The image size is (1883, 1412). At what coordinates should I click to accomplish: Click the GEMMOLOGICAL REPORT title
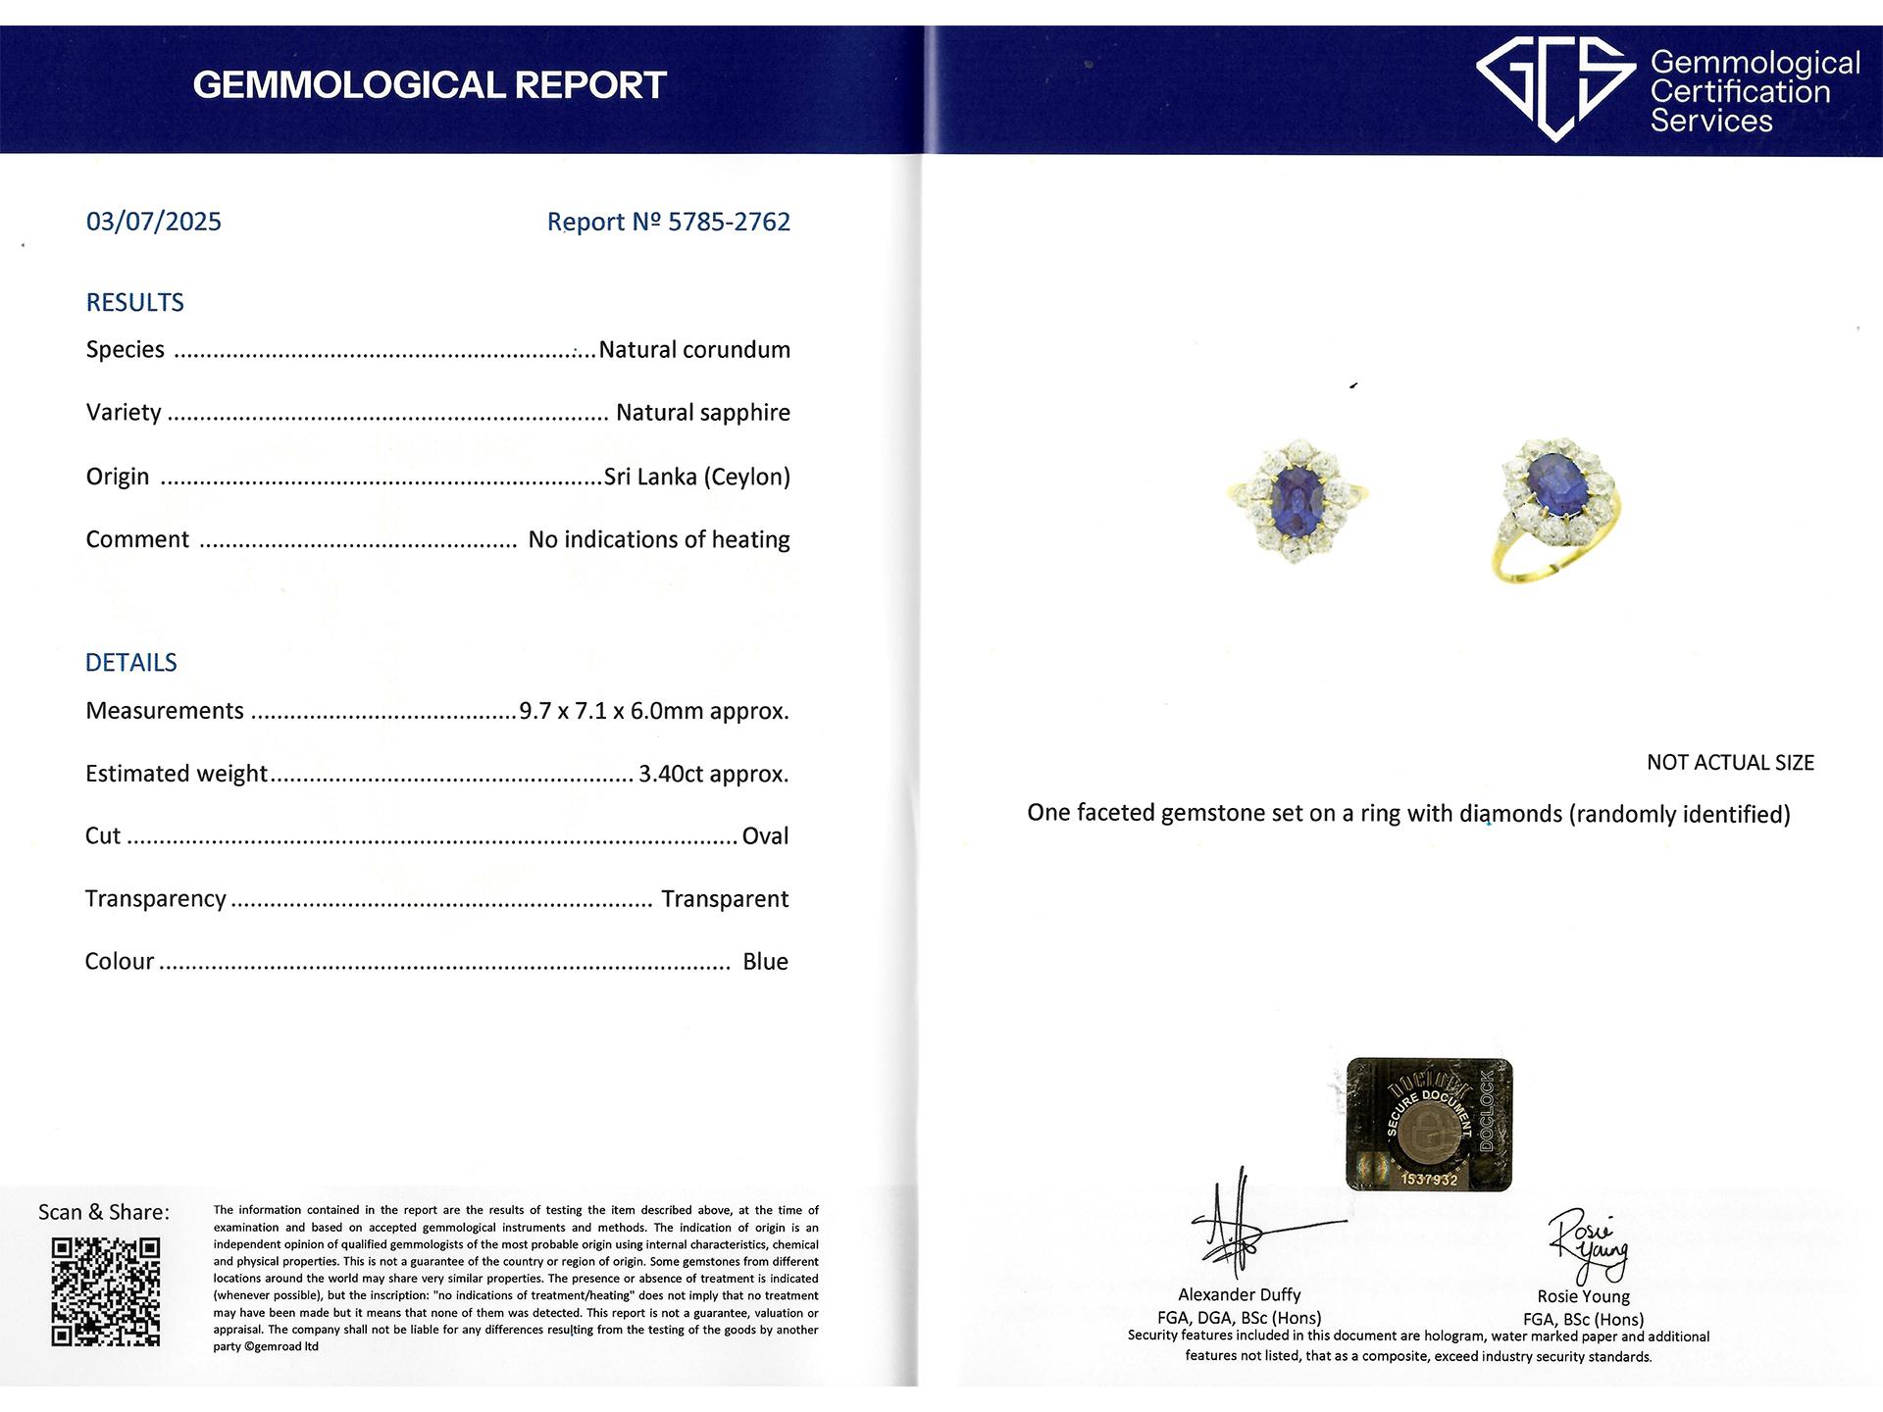(430, 85)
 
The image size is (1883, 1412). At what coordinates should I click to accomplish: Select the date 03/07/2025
(154, 222)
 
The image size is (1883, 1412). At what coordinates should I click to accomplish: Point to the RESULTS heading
(135, 302)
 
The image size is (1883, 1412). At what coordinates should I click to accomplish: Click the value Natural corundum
(694, 350)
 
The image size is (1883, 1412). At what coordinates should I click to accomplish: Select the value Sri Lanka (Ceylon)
(697, 477)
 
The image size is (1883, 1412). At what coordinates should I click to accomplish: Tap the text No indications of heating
(659, 539)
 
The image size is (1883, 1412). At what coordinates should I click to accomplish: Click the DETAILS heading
(131, 663)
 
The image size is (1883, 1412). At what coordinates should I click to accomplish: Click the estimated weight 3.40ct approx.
(714, 774)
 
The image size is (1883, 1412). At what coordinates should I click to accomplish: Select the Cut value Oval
(765, 836)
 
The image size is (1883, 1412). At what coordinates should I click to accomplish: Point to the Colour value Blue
(765, 962)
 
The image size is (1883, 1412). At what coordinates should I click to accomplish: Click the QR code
(106, 1291)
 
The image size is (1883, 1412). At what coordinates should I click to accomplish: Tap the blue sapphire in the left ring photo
(1297, 498)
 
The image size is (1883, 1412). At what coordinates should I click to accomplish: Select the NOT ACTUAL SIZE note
(1730, 763)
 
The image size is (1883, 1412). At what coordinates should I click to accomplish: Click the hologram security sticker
(1429, 1124)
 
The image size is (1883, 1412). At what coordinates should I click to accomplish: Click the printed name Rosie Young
(1583, 1296)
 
